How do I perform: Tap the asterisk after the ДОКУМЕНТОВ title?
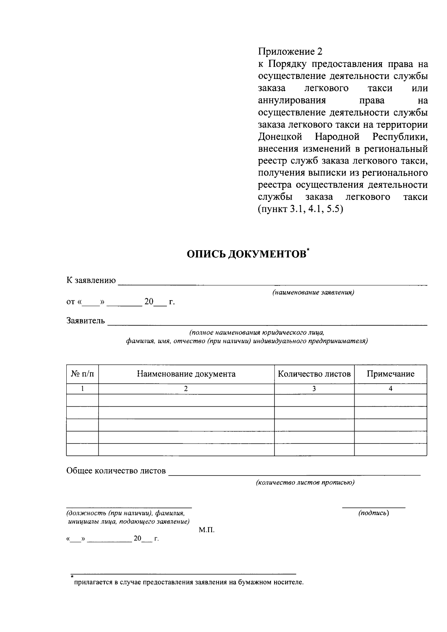pos(308,250)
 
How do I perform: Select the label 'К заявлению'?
pos(91,280)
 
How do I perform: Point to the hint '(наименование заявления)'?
pos(313,292)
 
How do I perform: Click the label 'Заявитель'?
pos(86,320)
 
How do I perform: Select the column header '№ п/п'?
pos(82,374)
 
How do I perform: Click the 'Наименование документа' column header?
pos(186,374)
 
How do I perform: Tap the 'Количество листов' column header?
pos(314,374)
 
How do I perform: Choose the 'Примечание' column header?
pos(390,374)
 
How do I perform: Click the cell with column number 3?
pos(314,389)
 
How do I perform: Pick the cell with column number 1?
pos(82,389)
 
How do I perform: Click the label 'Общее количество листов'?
pos(116,471)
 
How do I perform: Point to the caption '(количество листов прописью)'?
pos(305,483)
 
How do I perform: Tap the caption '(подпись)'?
pos(374,513)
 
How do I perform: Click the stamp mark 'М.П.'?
pos(207,530)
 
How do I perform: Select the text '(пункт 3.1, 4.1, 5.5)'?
pos(300,209)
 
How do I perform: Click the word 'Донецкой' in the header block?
pos(280,137)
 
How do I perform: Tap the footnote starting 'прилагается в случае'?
pos(189,582)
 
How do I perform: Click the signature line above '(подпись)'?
pos(374,507)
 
